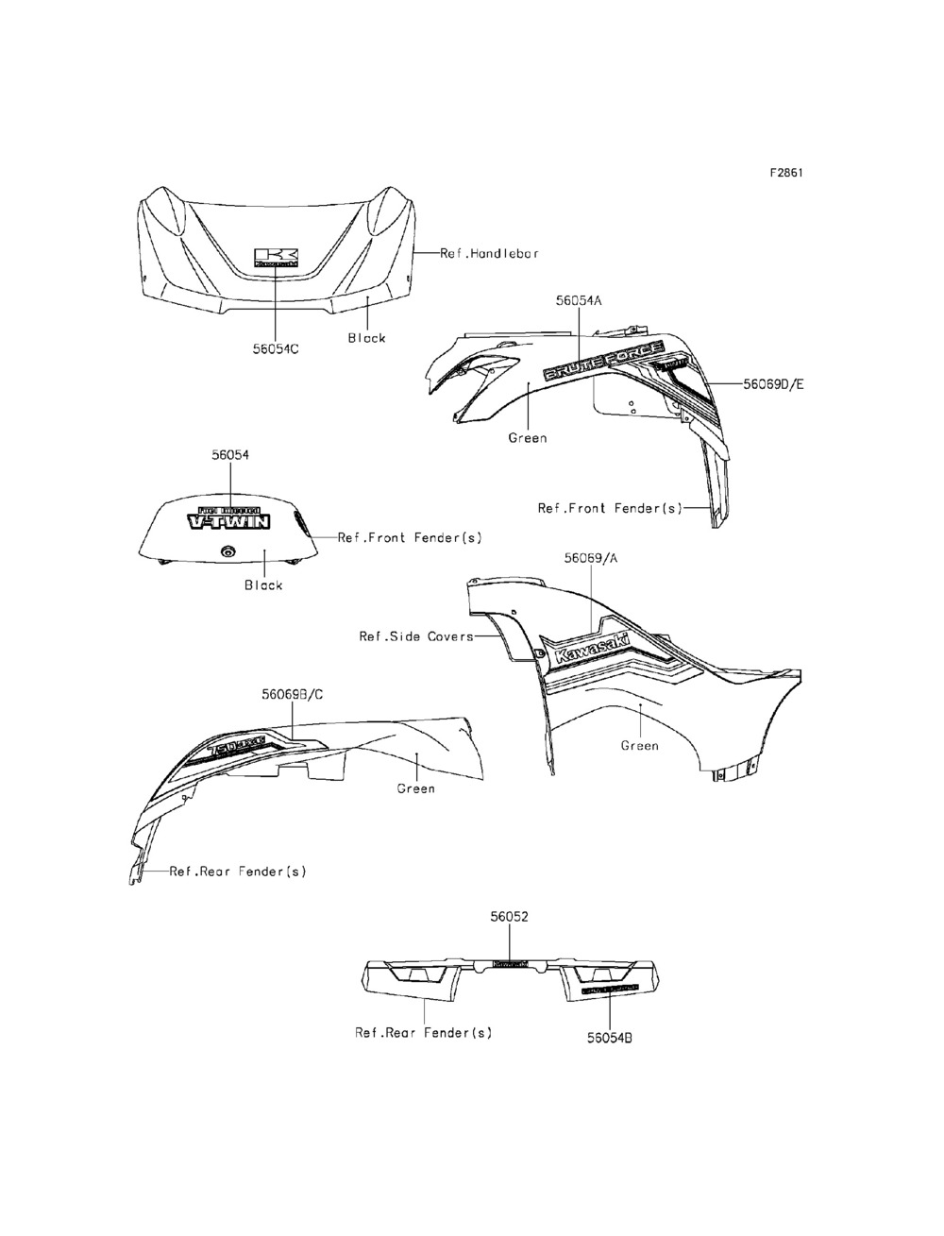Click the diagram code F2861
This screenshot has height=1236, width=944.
[x=785, y=173]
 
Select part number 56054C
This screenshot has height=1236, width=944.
[x=276, y=348]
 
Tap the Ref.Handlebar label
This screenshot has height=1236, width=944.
[x=490, y=253]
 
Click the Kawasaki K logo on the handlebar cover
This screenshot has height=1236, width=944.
[x=276, y=258]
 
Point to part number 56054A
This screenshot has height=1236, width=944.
[x=579, y=300]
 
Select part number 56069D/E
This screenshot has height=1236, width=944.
[x=774, y=384]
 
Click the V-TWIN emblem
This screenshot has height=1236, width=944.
[x=229, y=518]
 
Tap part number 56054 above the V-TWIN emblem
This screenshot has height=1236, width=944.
[x=230, y=454]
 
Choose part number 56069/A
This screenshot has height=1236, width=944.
[x=591, y=558]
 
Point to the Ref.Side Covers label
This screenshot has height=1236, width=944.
[x=415, y=636]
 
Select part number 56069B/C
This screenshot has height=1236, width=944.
[x=293, y=694]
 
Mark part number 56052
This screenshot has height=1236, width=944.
[x=510, y=916]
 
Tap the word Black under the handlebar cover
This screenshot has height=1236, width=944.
[x=366, y=338]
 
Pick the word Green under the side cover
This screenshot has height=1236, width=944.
[x=639, y=746]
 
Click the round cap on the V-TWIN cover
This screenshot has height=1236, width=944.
[x=228, y=552]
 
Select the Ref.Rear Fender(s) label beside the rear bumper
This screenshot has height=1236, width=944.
[x=423, y=1033]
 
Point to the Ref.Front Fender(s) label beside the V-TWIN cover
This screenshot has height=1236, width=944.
[x=410, y=537]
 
